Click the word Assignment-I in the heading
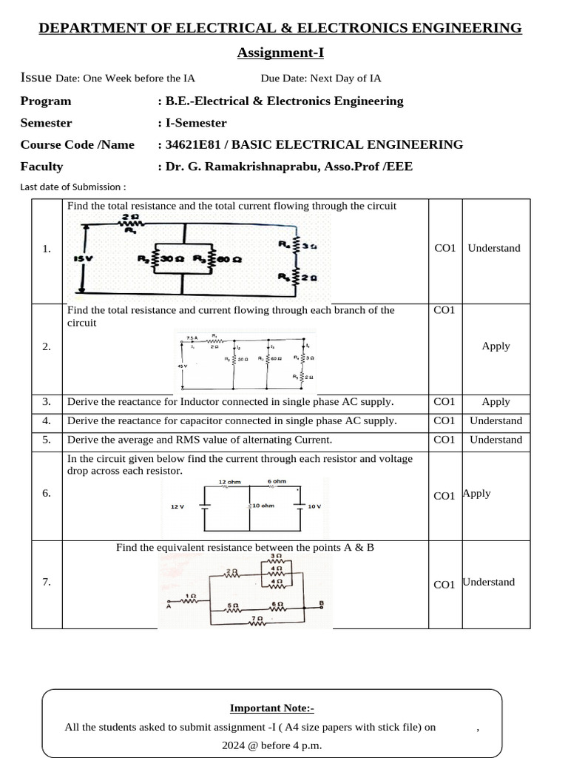(x=280, y=53)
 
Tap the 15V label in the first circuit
(x=84, y=259)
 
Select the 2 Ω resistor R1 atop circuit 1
(x=130, y=222)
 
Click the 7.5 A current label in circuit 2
(x=191, y=338)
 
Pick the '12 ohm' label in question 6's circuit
(x=229, y=482)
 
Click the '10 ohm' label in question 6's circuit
(x=263, y=506)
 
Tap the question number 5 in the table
(x=47, y=440)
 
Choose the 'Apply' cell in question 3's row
(x=496, y=402)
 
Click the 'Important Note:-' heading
(x=272, y=708)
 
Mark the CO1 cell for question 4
(x=444, y=420)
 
